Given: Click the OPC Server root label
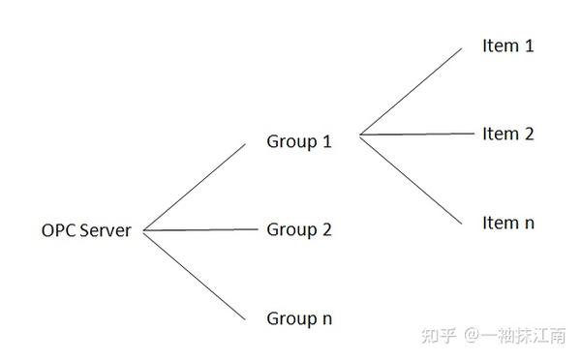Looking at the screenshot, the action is (x=86, y=230).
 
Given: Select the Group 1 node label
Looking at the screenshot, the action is (x=299, y=141).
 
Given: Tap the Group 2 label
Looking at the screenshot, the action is (x=299, y=229).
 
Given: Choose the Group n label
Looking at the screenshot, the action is (x=299, y=317).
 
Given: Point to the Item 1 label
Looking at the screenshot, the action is (x=507, y=45).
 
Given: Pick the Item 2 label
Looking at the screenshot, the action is (x=507, y=134).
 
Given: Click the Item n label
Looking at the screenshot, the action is (x=507, y=223).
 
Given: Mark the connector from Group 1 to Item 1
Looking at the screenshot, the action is (x=412, y=90).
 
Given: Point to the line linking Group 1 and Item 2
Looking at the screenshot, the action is (x=416, y=134).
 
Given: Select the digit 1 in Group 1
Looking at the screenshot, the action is (x=326, y=141).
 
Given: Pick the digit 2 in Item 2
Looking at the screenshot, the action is (x=528, y=134).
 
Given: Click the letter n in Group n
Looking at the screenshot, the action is (x=326, y=318).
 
